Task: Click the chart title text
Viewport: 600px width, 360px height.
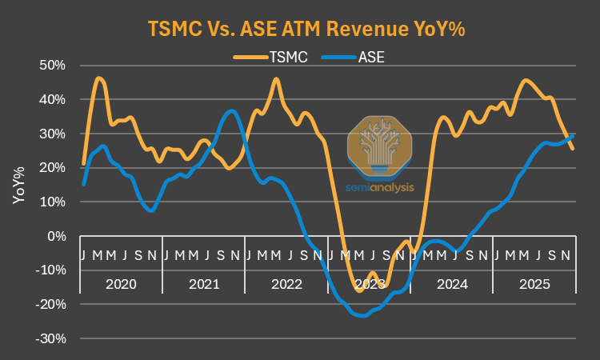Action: (x=306, y=29)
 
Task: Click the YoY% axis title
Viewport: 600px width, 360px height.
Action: (x=18, y=185)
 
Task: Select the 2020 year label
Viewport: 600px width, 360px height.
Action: (x=121, y=283)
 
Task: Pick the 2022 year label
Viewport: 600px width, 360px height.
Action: (x=286, y=283)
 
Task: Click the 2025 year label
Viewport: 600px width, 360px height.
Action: (x=534, y=283)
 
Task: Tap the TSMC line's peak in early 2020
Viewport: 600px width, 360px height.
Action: (x=98, y=78)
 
